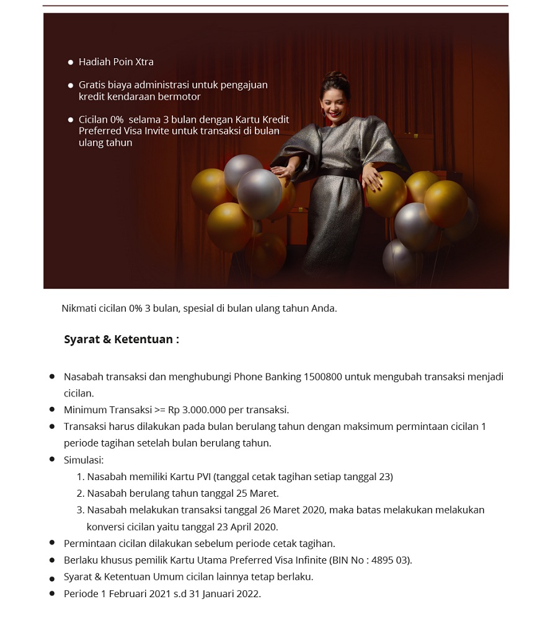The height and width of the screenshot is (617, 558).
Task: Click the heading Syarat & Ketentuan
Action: [x=121, y=339]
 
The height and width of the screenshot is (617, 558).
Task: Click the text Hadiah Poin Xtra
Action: [x=116, y=62]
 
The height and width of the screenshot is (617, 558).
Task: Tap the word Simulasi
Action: [x=83, y=460]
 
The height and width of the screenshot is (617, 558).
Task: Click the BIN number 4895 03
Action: [x=393, y=561]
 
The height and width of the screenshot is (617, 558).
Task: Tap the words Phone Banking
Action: [x=271, y=377]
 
